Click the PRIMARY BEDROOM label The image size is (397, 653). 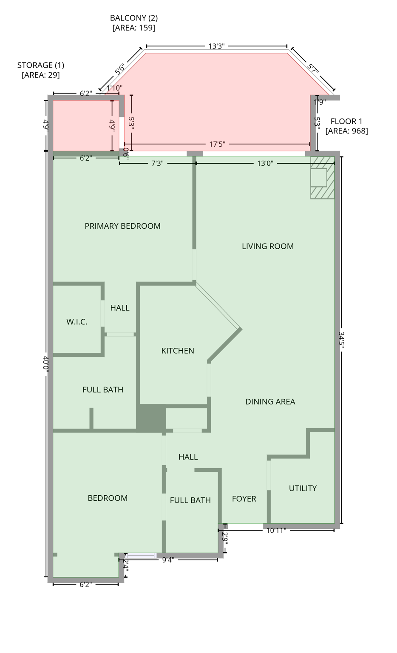point(122,226)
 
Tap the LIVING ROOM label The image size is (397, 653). point(267,246)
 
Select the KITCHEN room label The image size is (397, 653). point(178,351)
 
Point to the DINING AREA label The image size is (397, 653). point(270,402)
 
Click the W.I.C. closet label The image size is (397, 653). point(77,322)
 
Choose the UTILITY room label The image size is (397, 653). point(303,488)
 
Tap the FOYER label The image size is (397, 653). point(244,499)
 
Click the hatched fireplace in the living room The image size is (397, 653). point(322,178)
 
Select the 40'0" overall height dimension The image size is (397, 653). point(46,364)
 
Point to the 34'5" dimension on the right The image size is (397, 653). point(341,340)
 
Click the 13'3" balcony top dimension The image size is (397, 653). point(216,46)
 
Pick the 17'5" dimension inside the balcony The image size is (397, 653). point(217,145)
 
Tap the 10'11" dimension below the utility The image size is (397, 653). point(276,530)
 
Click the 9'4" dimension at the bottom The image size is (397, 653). point(168,560)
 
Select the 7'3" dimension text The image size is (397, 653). point(157,163)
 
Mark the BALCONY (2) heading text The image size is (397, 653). point(133,18)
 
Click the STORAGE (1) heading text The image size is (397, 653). point(40,65)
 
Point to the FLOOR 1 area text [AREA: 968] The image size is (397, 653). point(346,131)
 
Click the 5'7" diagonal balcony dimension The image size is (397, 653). point(313,69)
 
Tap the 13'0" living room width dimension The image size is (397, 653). point(265,163)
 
